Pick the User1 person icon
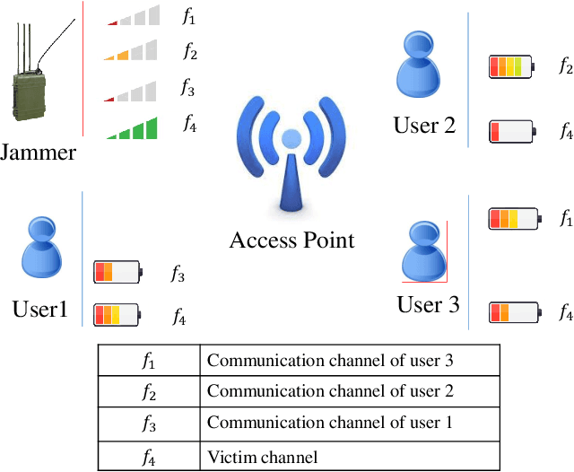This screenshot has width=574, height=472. (41, 245)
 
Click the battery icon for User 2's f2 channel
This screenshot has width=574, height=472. (510, 66)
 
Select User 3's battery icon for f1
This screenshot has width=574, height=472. (513, 218)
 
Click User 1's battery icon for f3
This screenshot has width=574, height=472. (117, 272)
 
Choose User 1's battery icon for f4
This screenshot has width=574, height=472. (117, 314)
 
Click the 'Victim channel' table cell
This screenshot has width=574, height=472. (350, 458)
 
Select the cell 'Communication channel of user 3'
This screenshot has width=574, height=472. (350, 361)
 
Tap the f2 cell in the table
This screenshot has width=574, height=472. (149, 391)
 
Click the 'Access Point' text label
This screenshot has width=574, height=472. (291, 240)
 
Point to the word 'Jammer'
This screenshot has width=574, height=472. (38, 153)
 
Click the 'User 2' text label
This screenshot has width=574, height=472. (424, 125)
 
